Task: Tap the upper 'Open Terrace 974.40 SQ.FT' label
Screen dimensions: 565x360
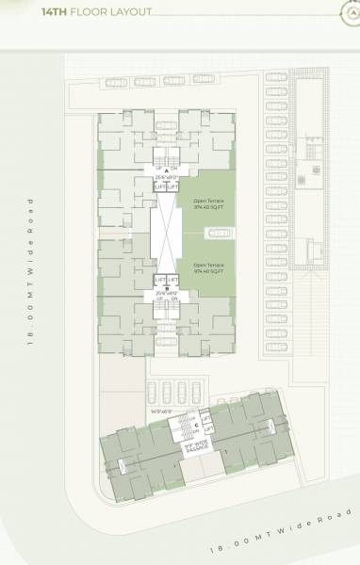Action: coord(209,204)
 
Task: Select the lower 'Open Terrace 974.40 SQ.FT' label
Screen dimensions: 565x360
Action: coord(209,267)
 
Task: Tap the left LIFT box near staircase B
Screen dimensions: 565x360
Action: coord(160,281)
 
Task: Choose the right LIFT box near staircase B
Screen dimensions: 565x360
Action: coord(173,281)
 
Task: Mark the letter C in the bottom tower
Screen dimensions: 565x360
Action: coord(195,425)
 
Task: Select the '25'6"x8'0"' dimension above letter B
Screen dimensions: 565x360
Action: coord(167,294)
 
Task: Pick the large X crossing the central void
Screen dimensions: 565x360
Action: coord(167,234)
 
